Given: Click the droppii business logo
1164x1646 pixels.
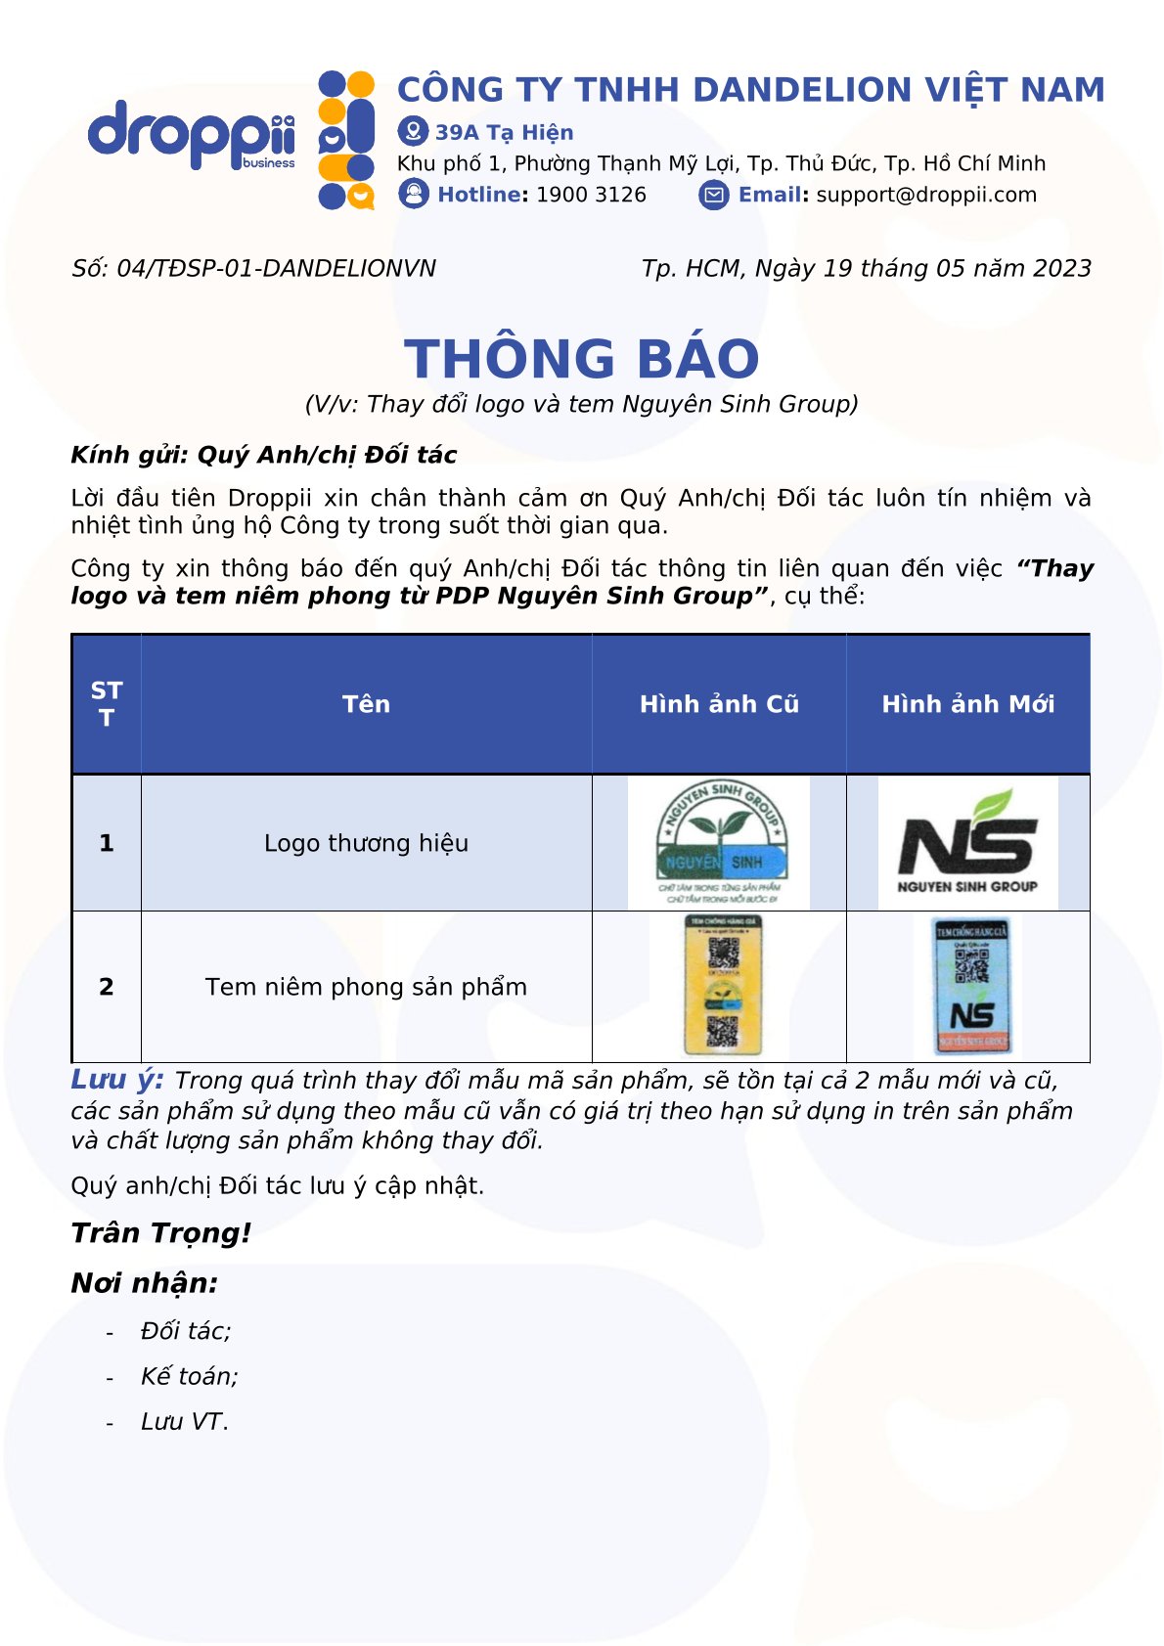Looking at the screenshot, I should [x=192, y=135].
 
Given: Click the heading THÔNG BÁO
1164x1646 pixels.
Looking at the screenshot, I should [x=582, y=358].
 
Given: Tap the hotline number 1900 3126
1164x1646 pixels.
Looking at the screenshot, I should [x=591, y=195].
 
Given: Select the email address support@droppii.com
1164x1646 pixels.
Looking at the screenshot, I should [x=926, y=195].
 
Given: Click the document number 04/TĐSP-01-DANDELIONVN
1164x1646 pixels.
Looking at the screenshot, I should [x=276, y=269].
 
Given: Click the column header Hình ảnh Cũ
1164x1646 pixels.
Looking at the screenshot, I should [x=719, y=704].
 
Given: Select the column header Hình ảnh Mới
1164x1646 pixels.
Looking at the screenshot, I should [x=967, y=704].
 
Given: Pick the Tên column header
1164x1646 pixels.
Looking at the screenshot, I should [x=366, y=704].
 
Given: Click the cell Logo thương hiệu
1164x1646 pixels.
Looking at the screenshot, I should [x=366, y=843].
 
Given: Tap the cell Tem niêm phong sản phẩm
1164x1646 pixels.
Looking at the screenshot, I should [x=366, y=987].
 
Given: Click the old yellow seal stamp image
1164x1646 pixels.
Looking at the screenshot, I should [x=722, y=986].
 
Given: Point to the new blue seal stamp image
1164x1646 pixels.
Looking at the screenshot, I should [x=971, y=986].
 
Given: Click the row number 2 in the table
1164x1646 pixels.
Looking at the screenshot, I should [x=107, y=987].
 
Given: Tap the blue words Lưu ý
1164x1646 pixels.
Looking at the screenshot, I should [x=117, y=1080].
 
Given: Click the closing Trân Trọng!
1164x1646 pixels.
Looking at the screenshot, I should [x=161, y=1233].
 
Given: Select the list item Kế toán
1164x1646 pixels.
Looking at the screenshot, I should [x=189, y=1376].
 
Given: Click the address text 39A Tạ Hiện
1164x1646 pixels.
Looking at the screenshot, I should [x=504, y=132].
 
